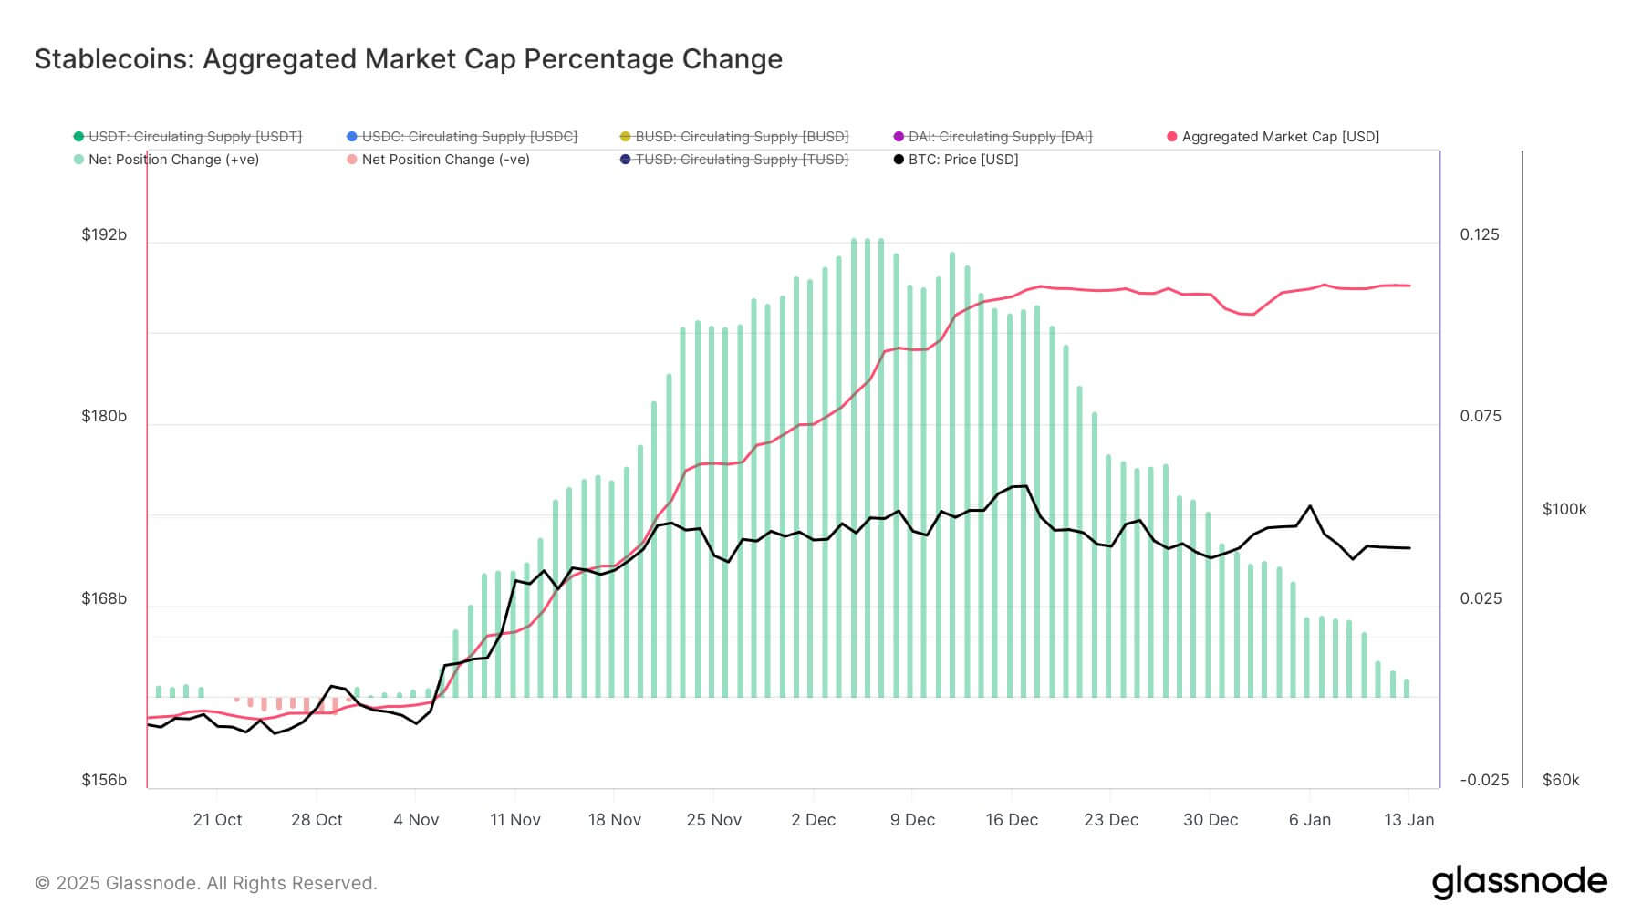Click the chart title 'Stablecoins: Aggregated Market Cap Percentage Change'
click(x=408, y=59)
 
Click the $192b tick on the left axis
click(x=104, y=235)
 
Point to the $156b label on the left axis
click(x=104, y=781)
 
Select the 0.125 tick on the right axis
click(x=1480, y=235)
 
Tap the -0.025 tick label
click(x=1484, y=781)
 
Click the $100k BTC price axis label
click(x=1564, y=510)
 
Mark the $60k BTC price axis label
click(x=1561, y=781)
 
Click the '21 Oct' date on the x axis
click(x=217, y=820)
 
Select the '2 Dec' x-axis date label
click(x=813, y=820)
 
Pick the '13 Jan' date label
click(x=1408, y=820)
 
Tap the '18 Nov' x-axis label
click(x=614, y=820)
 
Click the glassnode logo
click(x=1519, y=882)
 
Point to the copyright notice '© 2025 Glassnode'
click(x=205, y=883)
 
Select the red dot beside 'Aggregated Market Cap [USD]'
click(x=1172, y=137)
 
